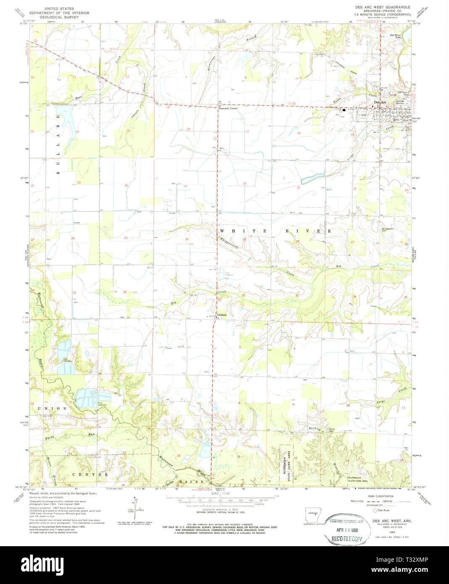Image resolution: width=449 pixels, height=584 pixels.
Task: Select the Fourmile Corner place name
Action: coord(228,108)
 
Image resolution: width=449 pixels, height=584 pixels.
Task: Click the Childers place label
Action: coord(222,315)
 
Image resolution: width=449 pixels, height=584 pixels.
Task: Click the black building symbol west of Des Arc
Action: coord(344,110)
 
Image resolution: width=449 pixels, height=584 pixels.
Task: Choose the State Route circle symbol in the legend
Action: coord(375,510)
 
